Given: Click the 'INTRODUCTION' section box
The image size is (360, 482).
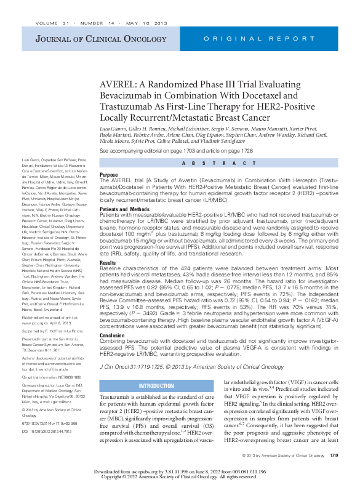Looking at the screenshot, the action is click(x=157, y=386).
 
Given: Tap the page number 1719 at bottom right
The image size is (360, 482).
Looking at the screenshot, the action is click(x=334, y=455).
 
